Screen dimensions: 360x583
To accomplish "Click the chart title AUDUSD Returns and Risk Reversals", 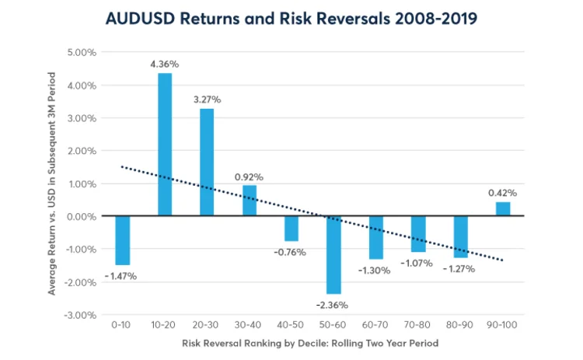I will tap(291, 19).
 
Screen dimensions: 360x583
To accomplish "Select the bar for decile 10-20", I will tap(165, 145).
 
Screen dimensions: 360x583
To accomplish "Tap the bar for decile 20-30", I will tap(207, 163).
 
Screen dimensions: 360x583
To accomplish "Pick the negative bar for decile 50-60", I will tap(333, 255).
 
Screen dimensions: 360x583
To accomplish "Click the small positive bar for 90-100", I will tap(503, 209).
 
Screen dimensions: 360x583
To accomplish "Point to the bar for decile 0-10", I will tap(122, 240).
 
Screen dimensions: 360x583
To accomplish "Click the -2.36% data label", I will tap(333, 304).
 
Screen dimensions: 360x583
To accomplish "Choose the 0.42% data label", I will tap(503, 192).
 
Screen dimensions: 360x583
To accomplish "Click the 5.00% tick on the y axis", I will tap(82, 53).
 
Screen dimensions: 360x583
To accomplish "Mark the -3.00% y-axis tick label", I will tap(81, 315).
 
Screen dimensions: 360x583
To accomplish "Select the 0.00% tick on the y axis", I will tap(82, 217).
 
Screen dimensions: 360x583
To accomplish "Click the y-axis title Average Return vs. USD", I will tap(54, 183).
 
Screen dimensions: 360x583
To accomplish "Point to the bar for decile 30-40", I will tap(250, 201).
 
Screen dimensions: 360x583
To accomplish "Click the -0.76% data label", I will tap(291, 252).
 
